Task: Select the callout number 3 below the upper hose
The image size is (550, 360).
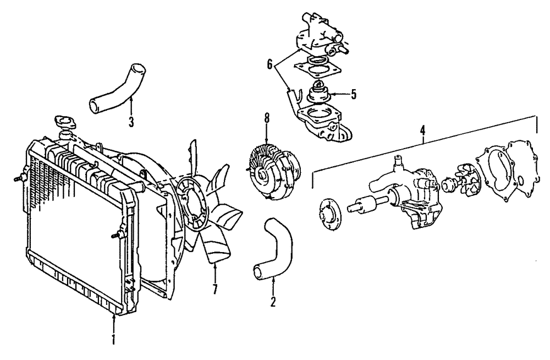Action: (x=131, y=122)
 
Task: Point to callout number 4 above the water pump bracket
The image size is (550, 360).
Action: (x=422, y=130)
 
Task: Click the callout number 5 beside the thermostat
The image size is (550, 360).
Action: (x=353, y=94)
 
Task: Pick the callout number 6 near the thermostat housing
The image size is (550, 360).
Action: (x=270, y=64)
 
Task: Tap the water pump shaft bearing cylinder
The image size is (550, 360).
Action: (x=364, y=206)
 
